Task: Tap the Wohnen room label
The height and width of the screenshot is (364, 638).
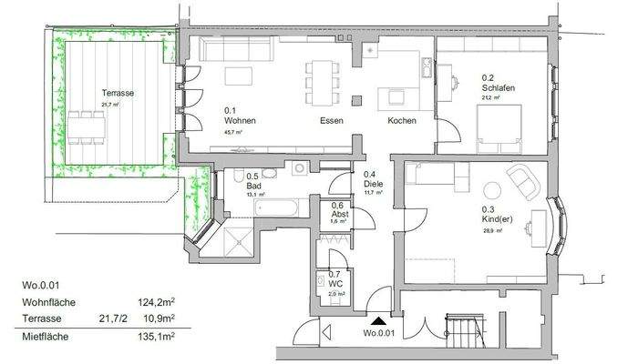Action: [x=240, y=121]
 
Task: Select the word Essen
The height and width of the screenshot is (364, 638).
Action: [x=331, y=121]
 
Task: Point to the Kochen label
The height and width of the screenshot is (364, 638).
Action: [x=402, y=121]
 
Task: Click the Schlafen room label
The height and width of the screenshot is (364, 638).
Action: [x=499, y=87]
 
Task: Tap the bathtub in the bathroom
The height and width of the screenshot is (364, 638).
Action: [x=277, y=208]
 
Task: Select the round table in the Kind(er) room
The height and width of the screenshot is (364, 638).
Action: [x=492, y=190]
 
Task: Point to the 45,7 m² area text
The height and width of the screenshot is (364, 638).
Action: [x=237, y=133]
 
